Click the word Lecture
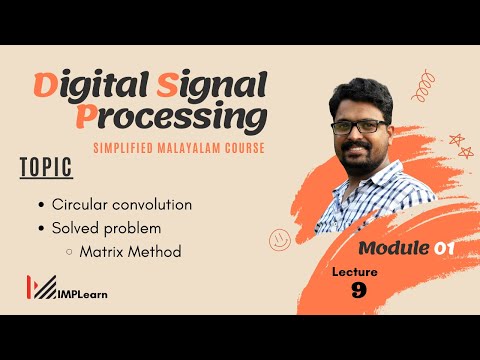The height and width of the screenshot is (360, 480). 357,269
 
